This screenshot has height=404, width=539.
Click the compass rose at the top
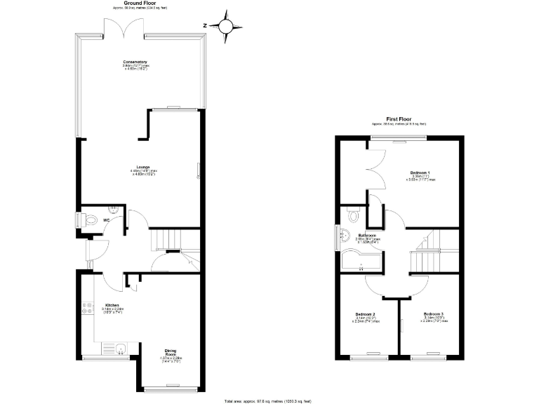pos(225,26)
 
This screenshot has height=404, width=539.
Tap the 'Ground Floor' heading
pos(140,4)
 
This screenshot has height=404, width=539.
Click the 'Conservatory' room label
pos(135,62)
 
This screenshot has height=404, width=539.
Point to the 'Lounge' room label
pos(142,167)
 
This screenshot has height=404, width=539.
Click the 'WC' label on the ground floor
pos(106,220)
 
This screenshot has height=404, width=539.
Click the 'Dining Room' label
pos(171,353)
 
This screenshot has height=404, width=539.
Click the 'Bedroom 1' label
pos(420,172)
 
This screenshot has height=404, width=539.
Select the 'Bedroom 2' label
pos(365,314)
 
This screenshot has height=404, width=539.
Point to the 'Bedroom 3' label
pos(434,314)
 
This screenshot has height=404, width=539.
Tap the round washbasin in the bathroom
pos(343,237)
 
